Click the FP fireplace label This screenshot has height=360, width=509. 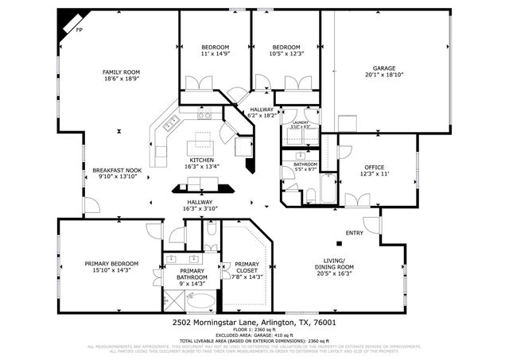pyautogui.click(x=79, y=30)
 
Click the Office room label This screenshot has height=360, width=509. pyautogui.click(x=375, y=167)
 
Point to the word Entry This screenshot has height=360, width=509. pyautogui.click(x=355, y=233)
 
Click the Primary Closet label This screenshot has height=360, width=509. pyautogui.click(x=247, y=264)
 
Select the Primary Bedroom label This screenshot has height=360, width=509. pyautogui.click(x=112, y=263)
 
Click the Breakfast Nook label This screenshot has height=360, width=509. pyautogui.click(x=117, y=170)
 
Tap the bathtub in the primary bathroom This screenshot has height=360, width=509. pyautogui.click(x=202, y=301)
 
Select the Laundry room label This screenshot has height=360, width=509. pyautogui.click(x=301, y=122)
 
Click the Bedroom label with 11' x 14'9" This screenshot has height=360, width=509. pyautogui.click(x=215, y=47)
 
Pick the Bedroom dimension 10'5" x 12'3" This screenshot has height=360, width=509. pyautogui.click(x=286, y=54)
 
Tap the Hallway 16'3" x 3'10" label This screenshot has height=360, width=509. pyautogui.click(x=200, y=203)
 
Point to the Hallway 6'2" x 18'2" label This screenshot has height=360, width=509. pyautogui.click(x=262, y=110)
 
